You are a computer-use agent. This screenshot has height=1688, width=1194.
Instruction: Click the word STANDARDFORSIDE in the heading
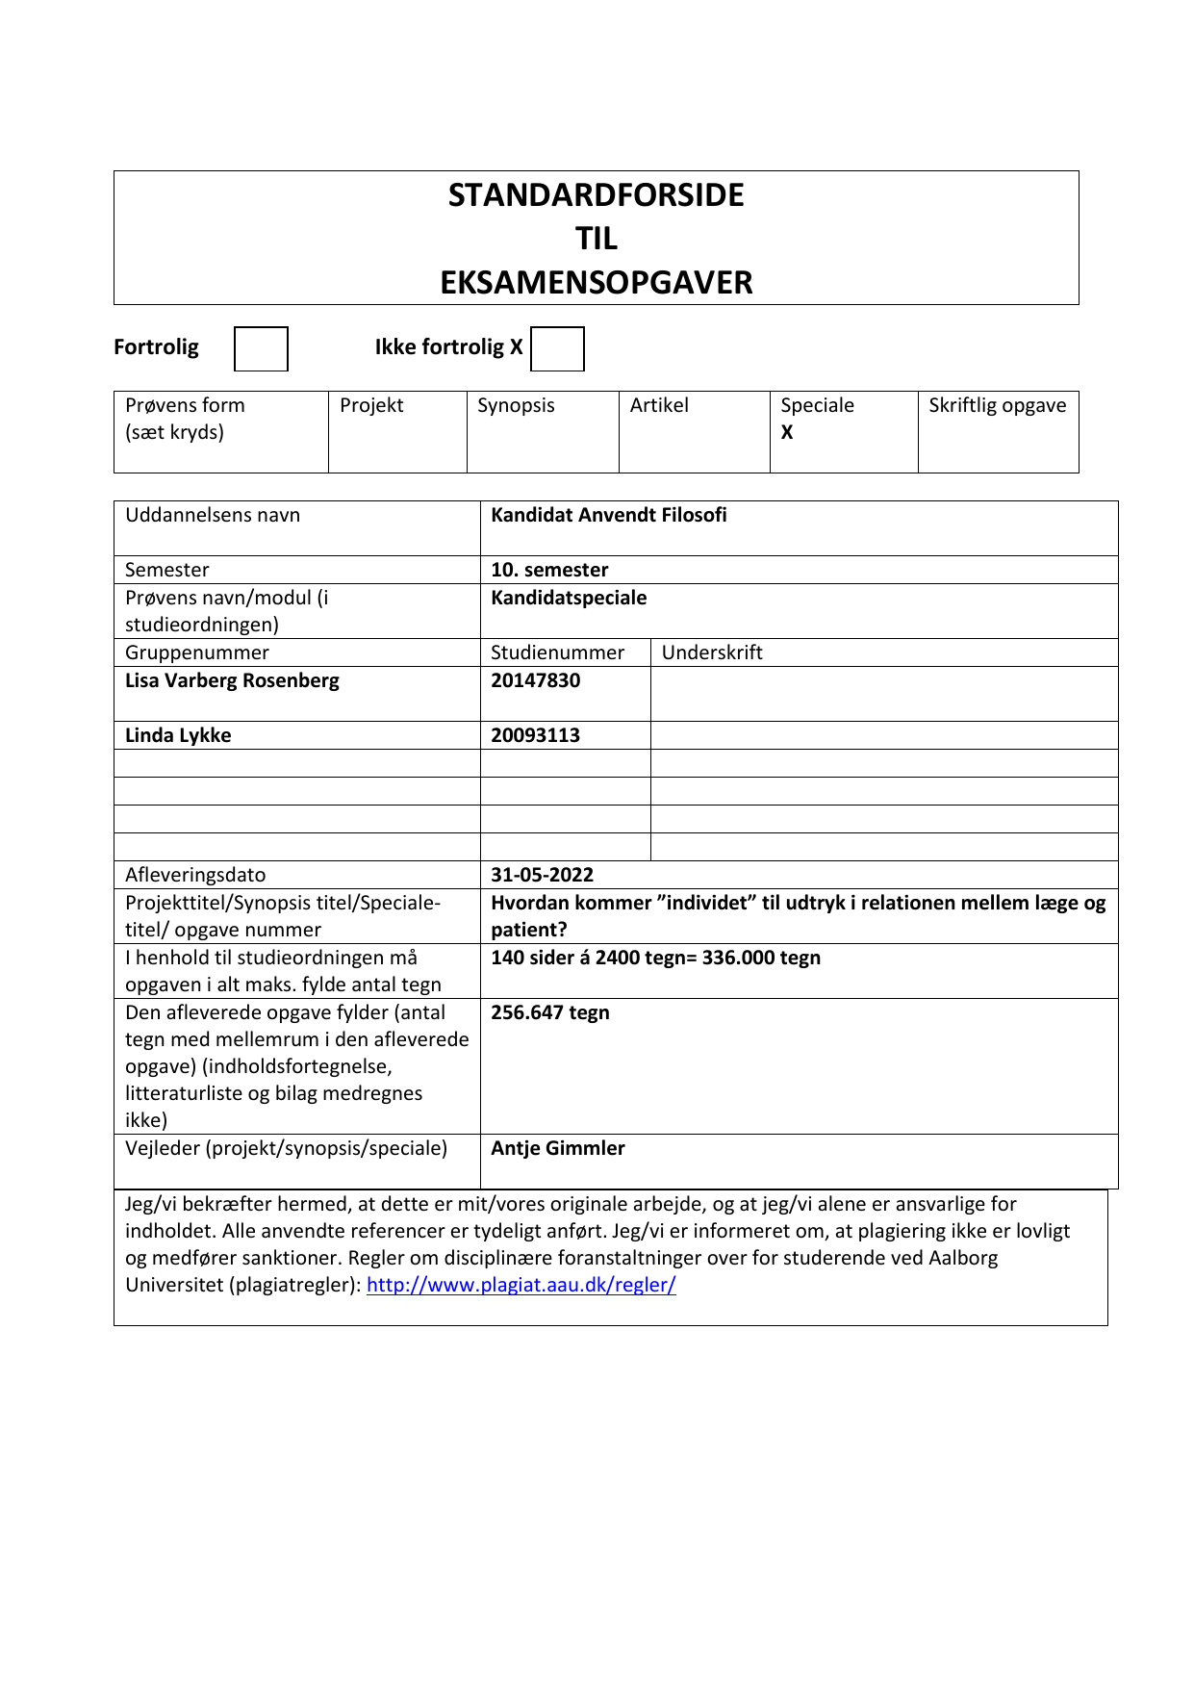coord(596,195)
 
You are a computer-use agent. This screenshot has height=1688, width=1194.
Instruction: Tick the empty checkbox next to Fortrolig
coord(261,348)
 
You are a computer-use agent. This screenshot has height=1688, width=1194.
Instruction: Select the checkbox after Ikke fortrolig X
coord(557,348)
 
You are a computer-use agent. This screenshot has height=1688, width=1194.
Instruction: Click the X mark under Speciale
coord(787,433)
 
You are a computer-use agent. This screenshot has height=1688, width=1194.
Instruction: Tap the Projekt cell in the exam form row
coord(371,406)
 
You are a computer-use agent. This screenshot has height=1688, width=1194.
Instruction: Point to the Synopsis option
coord(516,406)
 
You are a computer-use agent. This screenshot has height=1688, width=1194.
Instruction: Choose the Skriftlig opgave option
coord(997,406)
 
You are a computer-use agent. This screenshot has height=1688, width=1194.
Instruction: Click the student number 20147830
coord(536,681)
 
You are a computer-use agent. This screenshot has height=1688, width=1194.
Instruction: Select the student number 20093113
coord(536,736)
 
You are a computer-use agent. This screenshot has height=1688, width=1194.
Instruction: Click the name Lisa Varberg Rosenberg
coord(232,681)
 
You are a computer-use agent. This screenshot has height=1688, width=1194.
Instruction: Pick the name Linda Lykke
coord(178,736)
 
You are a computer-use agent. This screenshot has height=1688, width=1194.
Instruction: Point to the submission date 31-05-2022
coord(542,876)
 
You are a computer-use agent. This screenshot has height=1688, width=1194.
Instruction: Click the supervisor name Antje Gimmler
coord(558,1149)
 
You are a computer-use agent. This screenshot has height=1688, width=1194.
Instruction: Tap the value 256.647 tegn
coord(550,1013)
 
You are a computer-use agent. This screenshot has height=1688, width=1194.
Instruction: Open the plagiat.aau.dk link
coord(521,1286)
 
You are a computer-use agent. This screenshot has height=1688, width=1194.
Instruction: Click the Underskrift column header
coord(712,653)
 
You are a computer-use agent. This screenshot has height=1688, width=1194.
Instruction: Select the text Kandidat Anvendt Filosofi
coord(609,516)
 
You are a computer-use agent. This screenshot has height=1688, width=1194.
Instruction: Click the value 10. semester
coord(549,571)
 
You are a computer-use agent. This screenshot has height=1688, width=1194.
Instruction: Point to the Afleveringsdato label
coord(195,876)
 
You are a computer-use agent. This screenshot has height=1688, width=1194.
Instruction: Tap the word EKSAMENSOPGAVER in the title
coord(596,283)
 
